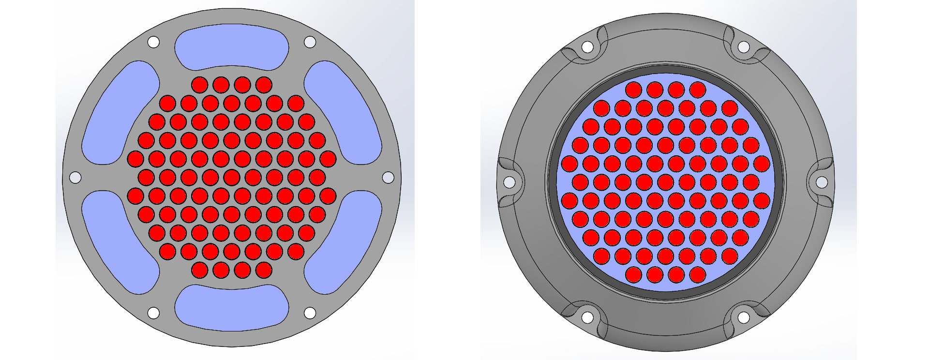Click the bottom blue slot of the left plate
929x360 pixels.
[x=231, y=308]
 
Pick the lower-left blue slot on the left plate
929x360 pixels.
[x=119, y=242]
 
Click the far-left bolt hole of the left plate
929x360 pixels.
[x=75, y=178]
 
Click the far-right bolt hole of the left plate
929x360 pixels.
[x=388, y=178]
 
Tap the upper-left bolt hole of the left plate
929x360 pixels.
[x=153, y=42]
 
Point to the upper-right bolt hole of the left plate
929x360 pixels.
[x=310, y=42]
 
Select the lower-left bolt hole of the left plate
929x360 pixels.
[x=153, y=313]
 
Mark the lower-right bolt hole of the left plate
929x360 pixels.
[x=310, y=313]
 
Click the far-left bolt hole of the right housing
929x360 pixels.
[x=509, y=182]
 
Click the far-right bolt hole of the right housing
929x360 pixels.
[x=822, y=182]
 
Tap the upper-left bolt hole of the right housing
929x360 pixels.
[x=587, y=47]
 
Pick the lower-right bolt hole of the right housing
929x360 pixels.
[x=743, y=318]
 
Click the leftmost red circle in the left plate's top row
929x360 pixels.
[x=199, y=85]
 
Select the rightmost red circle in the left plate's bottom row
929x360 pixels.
[x=264, y=270]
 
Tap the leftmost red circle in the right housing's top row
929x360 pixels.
[x=633, y=90]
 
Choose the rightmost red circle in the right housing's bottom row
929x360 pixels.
[x=698, y=275]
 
